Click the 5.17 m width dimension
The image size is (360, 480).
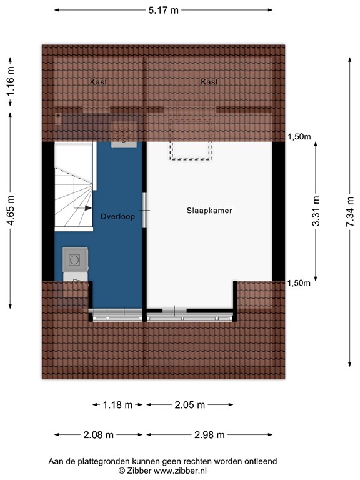(x=164, y=10)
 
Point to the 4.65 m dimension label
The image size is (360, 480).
(x=11, y=211)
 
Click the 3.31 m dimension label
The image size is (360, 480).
(x=316, y=211)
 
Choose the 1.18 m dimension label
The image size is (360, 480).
(x=118, y=405)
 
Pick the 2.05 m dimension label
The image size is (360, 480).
(x=190, y=405)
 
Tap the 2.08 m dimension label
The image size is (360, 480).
(x=99, y=435)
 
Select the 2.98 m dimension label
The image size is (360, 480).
(x=209, y=435)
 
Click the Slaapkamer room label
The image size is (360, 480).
(x=209, y=211)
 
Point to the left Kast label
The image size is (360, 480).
(x=99, y=82)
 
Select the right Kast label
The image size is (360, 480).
(x=209, y=82)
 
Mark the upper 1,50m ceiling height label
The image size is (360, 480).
(x=299, y=137)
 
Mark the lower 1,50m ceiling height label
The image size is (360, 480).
(x=299, y=283)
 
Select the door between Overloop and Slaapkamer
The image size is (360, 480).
(x=145, y=210)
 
